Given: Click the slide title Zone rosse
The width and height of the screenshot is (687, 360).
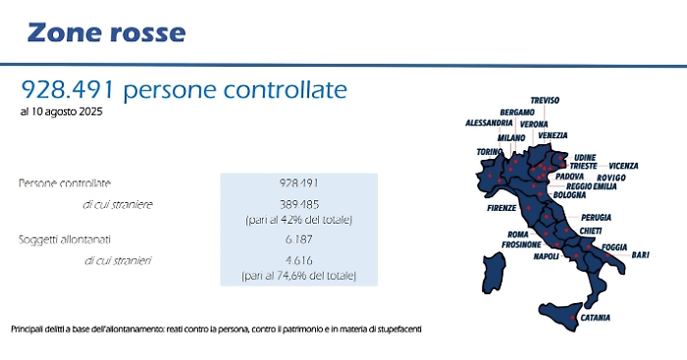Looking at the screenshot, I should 106,32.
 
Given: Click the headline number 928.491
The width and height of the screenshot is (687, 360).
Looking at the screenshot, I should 70,90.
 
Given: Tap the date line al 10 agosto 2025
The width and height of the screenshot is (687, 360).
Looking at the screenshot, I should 61,112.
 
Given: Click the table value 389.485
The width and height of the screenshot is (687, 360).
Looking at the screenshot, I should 298,204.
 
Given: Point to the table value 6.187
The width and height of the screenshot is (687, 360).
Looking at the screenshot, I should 298,240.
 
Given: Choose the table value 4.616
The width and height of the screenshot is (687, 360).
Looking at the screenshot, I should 298,261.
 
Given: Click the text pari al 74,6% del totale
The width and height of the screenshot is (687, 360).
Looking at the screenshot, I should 298,278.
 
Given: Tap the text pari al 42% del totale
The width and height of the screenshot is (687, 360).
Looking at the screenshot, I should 298,220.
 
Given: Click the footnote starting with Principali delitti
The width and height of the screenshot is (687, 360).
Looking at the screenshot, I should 216,328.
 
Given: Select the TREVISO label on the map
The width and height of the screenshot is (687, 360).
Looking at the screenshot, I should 545,100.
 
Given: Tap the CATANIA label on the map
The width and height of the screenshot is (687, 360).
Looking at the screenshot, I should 595,318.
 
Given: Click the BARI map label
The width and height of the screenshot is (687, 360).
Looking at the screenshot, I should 640,254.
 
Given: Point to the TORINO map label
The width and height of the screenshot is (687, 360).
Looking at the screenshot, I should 490,152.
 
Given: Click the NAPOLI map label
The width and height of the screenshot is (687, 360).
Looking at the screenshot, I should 546,256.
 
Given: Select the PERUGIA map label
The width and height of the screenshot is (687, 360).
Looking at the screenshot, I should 597,216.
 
